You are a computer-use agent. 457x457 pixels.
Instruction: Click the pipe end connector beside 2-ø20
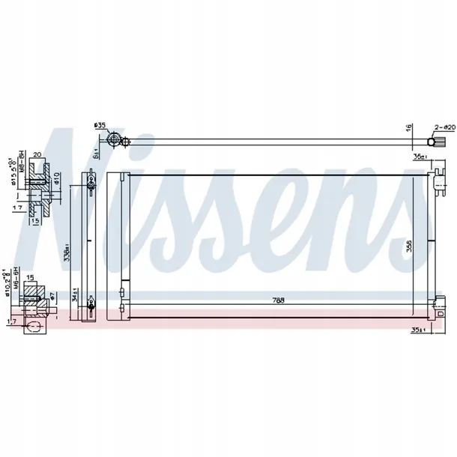(x=432, y=140)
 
